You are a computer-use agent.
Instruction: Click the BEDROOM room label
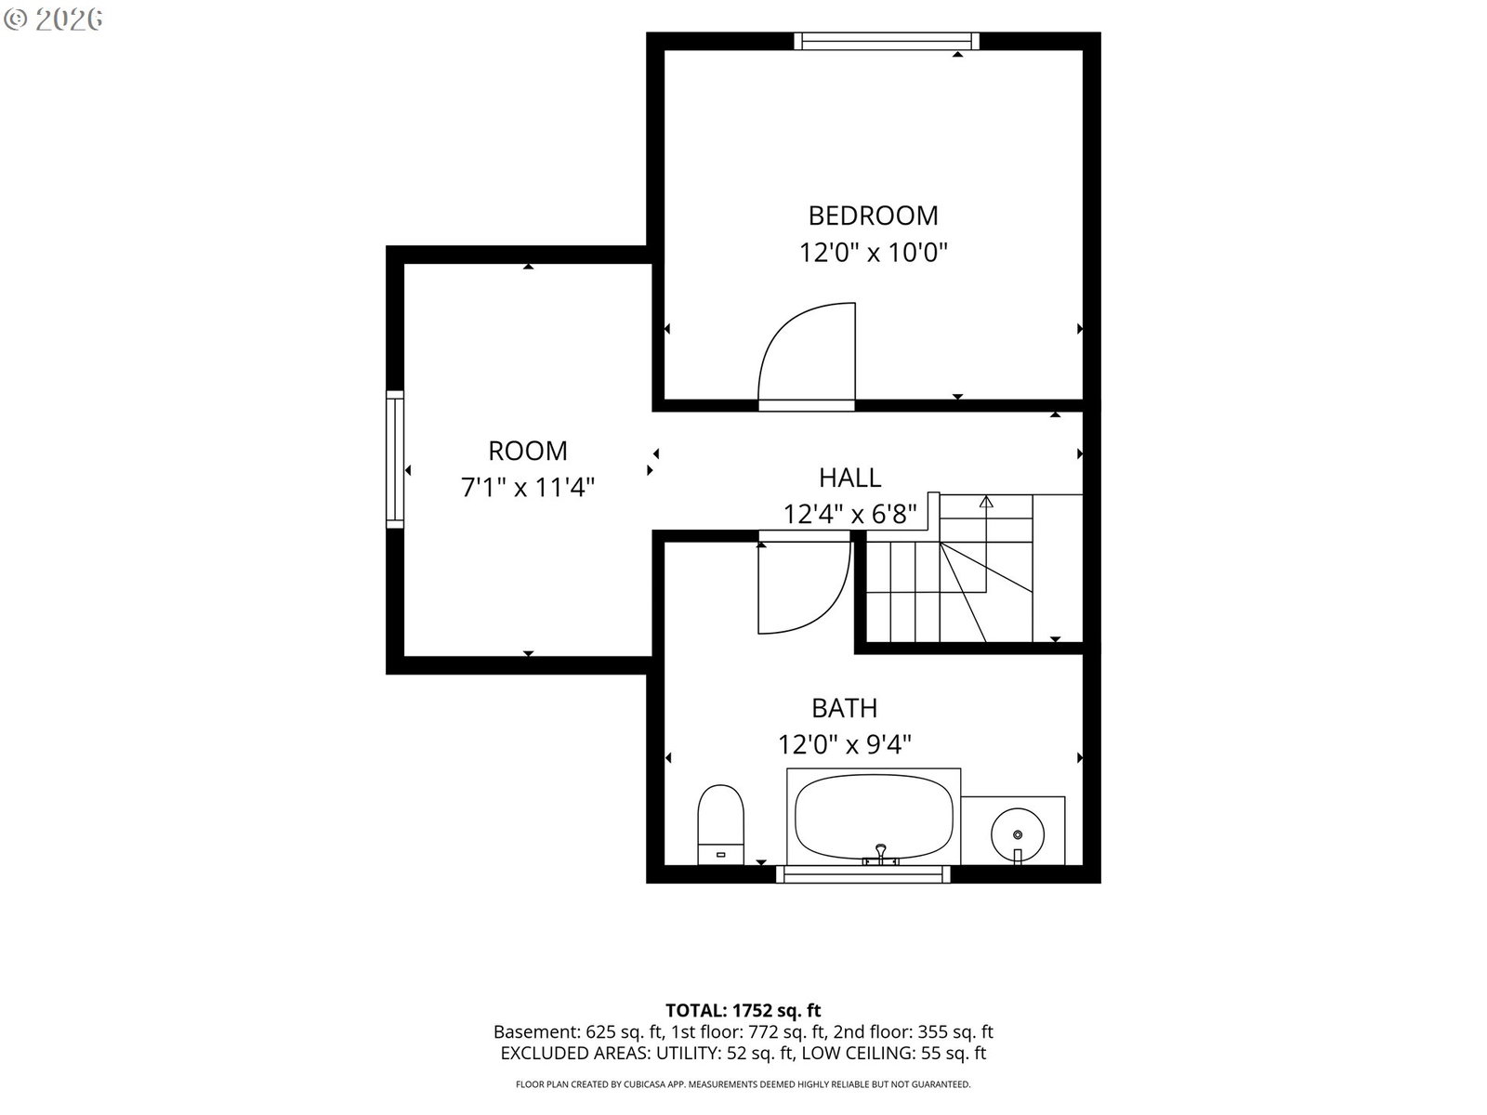873,216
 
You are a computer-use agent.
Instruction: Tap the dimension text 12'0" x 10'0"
873,253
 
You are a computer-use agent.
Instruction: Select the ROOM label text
528,451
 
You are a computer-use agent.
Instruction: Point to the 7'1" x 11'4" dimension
528,487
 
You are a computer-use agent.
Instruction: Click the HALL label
849,478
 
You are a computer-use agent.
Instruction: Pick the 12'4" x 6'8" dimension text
849,515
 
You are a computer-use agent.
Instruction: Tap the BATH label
844,708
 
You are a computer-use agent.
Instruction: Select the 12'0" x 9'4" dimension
844,744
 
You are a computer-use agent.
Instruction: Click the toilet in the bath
721,824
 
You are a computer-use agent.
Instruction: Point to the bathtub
874,817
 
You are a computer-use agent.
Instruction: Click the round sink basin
1017,834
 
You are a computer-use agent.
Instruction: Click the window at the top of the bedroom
886,41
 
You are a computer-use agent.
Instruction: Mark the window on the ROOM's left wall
395,459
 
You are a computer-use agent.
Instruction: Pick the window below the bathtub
862,874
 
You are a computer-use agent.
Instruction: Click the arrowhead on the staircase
986,502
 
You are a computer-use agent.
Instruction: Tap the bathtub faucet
881,854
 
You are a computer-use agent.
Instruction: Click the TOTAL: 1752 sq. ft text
743,1010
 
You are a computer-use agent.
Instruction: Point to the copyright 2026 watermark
53,20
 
